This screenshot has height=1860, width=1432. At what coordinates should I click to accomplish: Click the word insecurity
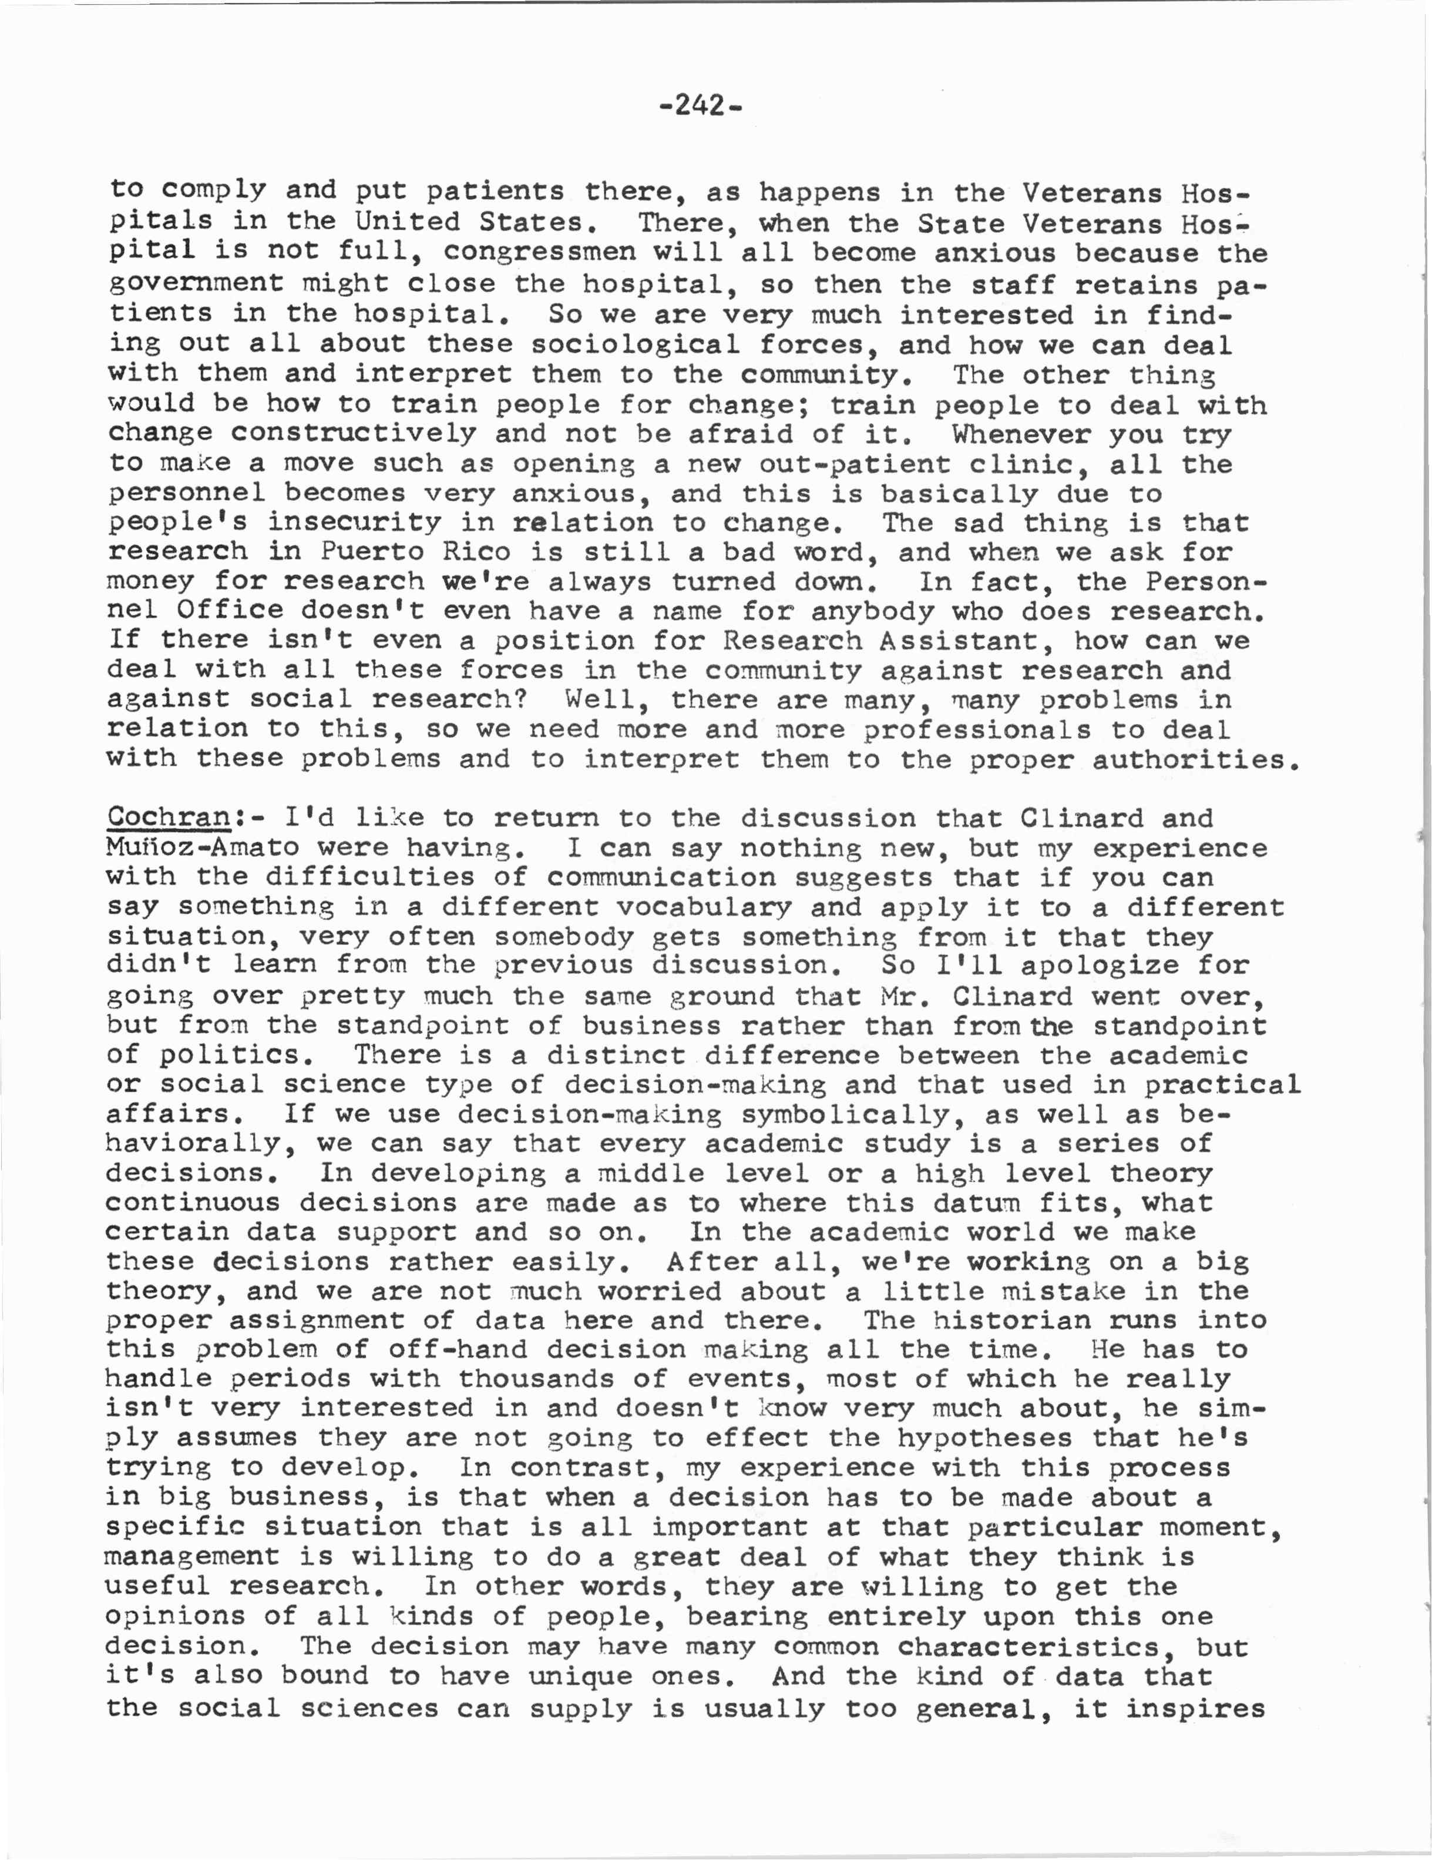coord(354,523)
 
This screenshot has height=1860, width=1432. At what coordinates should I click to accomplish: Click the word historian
coord(1011,1320)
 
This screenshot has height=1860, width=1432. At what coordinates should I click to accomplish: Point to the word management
coord(191,1557)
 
